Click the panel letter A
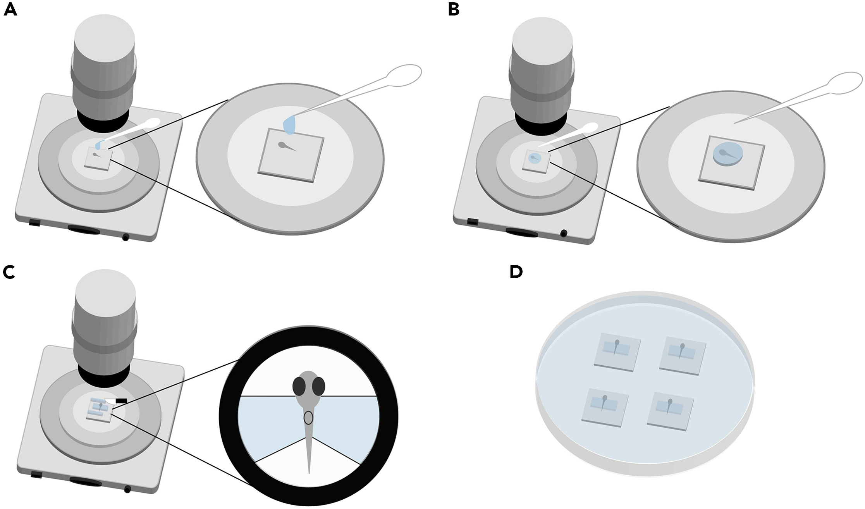click(10, 10)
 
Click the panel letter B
click(454, 10)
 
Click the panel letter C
click(9, 272)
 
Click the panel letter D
click(516, 272)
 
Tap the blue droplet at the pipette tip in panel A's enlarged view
click(290, 125)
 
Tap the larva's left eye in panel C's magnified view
click(299, 386)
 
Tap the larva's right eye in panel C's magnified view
click(318, 386)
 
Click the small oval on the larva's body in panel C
click(308, 418)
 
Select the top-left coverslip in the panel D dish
click(617, 352)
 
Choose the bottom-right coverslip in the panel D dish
click(670, 411)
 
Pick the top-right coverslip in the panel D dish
click(682, 355)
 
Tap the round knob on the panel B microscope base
click(564, 234)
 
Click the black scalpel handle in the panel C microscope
click(121, 401)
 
